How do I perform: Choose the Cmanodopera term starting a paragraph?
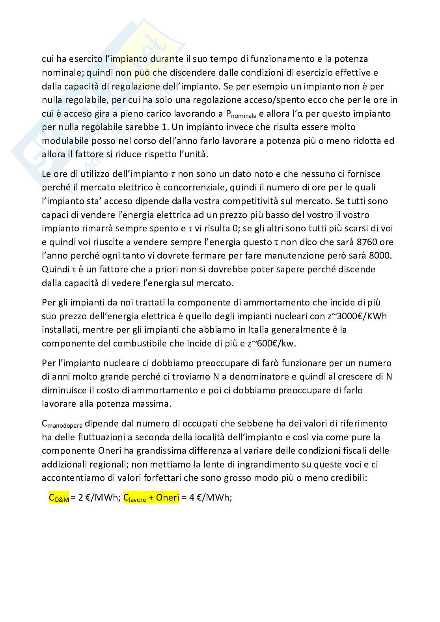pos(62,424)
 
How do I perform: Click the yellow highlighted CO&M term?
pos(59,498)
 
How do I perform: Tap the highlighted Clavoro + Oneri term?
pos(151,498)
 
